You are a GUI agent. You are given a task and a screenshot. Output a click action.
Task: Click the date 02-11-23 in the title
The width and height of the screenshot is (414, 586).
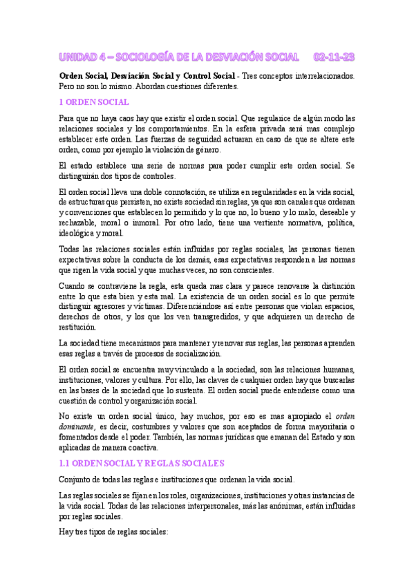334,56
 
